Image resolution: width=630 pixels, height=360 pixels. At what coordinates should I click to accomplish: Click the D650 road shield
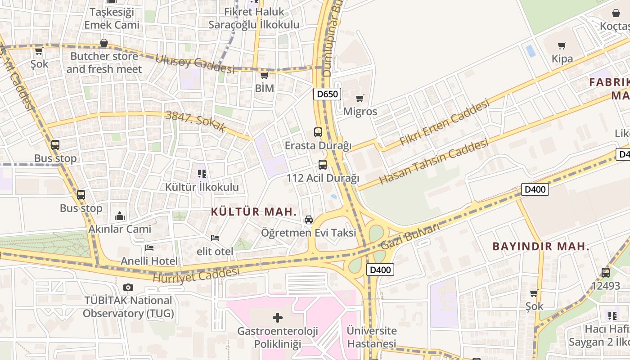click(x=327, y=94)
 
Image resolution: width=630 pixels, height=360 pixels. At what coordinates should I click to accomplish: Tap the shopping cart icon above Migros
click(x=360, y=98)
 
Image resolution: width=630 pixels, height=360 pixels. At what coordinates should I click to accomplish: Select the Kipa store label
click(x=562, y=58)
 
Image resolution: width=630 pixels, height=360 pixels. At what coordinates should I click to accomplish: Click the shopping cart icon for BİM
click(x=265, y=75)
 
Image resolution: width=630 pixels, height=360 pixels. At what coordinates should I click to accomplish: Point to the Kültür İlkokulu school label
click(x=202, y=187)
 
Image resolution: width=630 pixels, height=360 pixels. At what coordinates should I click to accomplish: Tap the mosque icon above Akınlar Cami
click(x=120, y=216)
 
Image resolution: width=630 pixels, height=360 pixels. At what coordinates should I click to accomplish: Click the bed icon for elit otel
click(x=215, y=238)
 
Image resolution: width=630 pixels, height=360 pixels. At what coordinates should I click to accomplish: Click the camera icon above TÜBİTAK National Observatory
click(x=128, y=287)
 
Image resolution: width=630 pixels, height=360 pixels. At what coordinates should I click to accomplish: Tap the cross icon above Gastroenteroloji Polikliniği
click(x=278, y=318)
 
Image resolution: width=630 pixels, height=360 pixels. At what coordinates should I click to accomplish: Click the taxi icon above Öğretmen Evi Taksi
click(x=309, y=220)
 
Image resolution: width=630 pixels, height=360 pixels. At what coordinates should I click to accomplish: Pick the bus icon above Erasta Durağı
click(x=318, y=132)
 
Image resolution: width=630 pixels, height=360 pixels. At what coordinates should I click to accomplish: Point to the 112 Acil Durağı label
click(x=323, y=178)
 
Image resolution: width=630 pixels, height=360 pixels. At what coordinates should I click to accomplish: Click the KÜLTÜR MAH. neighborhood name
click(x=254, y=212)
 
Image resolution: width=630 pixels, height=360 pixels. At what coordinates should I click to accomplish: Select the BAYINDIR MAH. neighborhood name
click(x=541, y=247)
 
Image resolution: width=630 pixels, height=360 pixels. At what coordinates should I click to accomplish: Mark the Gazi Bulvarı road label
click(x=410, y=237)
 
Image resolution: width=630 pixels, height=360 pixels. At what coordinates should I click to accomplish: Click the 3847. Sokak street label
click(x=196, y=121)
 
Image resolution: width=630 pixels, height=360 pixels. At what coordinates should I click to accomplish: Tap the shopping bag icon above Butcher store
click(x=104, y=43)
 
